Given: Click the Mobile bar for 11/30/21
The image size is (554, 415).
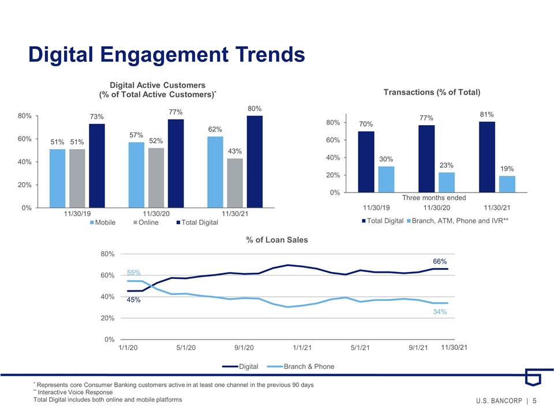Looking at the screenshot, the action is click(x=215, y=172).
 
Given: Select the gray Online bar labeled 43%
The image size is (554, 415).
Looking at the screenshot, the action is click(x=235, y=183).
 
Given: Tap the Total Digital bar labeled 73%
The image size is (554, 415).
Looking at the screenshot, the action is click(x=97, y=166).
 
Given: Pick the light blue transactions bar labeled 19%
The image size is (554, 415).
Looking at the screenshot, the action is click(x=507, y=184).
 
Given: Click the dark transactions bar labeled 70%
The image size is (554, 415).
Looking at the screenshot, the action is click(x=366, y=162).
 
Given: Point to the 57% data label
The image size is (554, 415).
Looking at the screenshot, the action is click(x=136, y=135).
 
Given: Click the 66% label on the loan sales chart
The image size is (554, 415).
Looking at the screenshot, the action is click(x=440, y=262).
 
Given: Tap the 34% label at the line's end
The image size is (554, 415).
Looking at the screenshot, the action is click(x=440, y=312).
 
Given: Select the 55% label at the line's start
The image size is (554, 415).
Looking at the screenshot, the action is click(x=133, y=273).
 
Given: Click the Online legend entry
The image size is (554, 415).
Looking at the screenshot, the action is click(x=146, y=222).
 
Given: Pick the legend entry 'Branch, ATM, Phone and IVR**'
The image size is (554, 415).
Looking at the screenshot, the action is click(x=458, y=221).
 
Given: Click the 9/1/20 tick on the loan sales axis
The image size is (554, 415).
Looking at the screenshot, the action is click(x=244, y=348).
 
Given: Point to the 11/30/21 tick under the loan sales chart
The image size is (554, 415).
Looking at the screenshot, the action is click(x=454, y=347).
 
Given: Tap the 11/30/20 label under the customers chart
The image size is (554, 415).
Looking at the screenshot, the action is click(x=156, y=213).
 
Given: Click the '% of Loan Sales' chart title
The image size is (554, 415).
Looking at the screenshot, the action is click(x=277, y=240).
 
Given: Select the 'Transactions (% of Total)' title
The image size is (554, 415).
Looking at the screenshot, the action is click(x=432, y=92).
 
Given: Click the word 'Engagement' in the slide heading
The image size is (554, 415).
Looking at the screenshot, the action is click(x=164, y=55).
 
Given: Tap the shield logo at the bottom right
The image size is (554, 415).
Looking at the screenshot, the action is click(x=533, y=378).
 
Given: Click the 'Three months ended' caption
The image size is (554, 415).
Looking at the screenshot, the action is click(x=434, y=198).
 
